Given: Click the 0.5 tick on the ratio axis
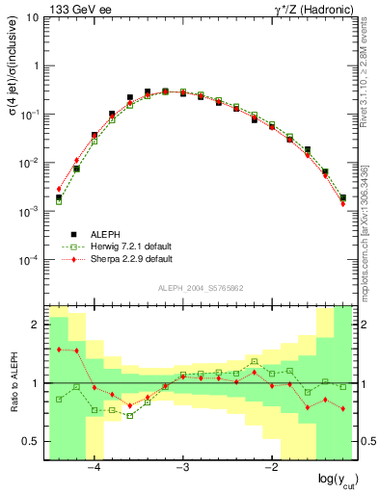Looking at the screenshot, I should coord(33,442).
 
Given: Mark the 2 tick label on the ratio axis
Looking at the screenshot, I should coord(38,324).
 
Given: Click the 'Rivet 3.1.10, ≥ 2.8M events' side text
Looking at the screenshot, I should coord(371,76).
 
